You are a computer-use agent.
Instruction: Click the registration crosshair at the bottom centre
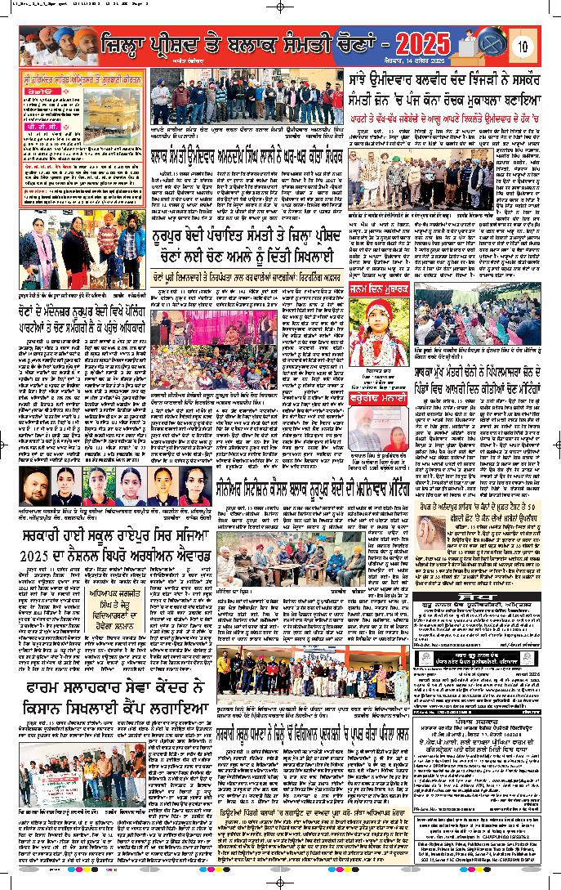click(280, 883)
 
